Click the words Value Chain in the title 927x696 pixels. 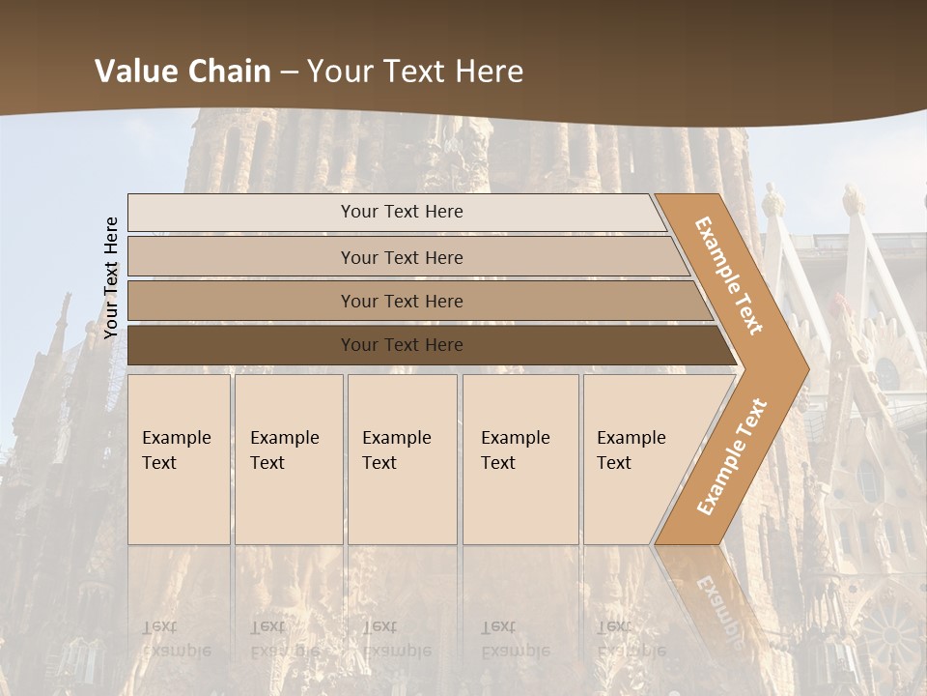point(183,72)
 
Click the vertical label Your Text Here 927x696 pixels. point(111,277)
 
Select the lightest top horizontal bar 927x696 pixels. point(241,212)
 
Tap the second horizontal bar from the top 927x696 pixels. point(241,257)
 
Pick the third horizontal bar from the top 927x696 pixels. point(241,301)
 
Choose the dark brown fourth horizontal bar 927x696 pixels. point(241,345)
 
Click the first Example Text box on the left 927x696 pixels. point(179,459)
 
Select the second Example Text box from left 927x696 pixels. point(288,459)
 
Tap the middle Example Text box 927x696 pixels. point(402,459)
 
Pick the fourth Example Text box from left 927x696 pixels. point(520,459)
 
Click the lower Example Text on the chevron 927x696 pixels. point(731,457)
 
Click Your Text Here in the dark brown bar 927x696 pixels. point(402,345)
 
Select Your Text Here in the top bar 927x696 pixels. point(402,212)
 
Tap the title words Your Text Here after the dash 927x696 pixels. point(415,72)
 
